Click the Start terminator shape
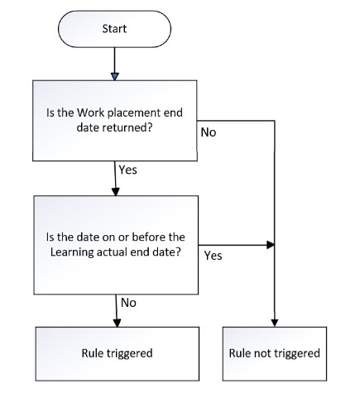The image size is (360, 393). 114,28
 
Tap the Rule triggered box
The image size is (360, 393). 116,353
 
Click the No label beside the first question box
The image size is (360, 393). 208,133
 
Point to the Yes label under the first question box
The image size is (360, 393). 129,170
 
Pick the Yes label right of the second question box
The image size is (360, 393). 213,256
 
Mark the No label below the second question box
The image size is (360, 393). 128,302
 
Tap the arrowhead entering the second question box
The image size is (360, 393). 114,191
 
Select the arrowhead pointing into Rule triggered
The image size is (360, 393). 114,322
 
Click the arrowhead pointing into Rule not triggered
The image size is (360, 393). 275,322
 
